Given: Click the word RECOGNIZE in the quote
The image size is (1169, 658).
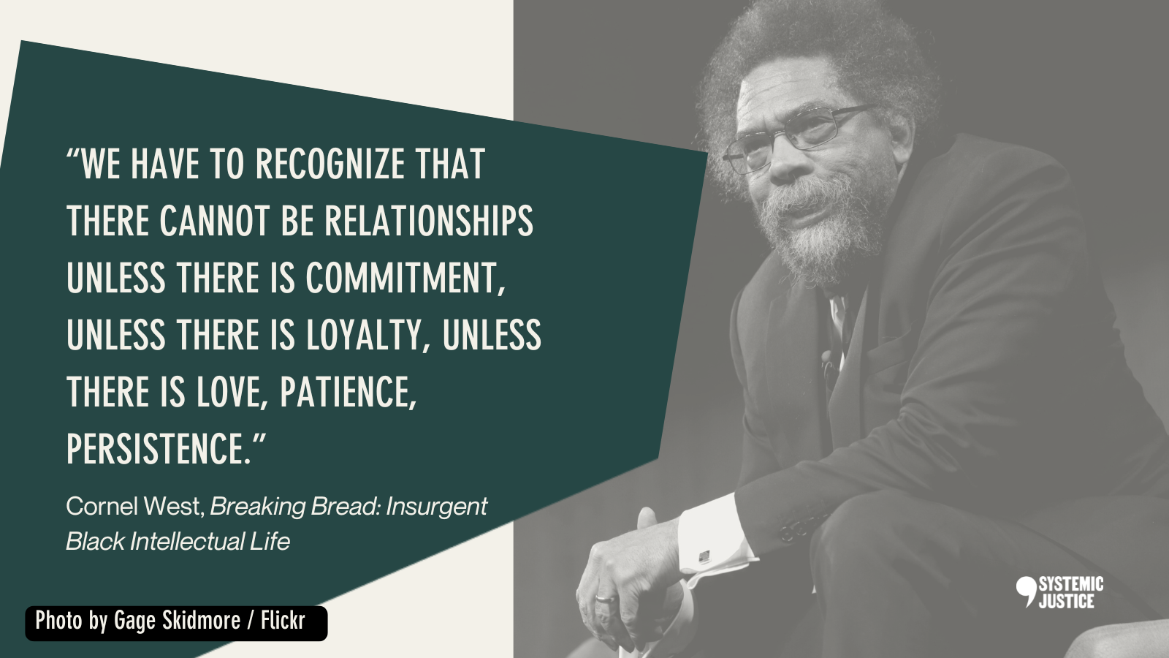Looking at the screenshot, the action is [330, 164].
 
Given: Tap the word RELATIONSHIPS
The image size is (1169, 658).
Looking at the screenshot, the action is [429, 221].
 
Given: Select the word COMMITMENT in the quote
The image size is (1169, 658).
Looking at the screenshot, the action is [405, 279].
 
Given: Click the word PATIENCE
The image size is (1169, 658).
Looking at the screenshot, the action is [349, 392].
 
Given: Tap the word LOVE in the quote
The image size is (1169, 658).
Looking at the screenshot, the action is [228, 392].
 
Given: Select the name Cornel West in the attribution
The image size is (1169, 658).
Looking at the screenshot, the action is [135, 506].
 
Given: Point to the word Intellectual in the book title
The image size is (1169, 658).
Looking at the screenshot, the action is [187, 542].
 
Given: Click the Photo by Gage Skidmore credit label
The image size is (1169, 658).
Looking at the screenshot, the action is [176, 623].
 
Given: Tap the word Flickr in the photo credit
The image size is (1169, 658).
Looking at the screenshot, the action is [283, 621].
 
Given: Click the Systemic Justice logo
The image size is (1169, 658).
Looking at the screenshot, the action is [1059, 593].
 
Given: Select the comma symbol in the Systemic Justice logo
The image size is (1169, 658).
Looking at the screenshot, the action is [1026, 591].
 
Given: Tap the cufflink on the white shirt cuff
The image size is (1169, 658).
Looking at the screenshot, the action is [704, 556].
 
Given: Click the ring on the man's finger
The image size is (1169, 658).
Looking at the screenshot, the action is [605, 599].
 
